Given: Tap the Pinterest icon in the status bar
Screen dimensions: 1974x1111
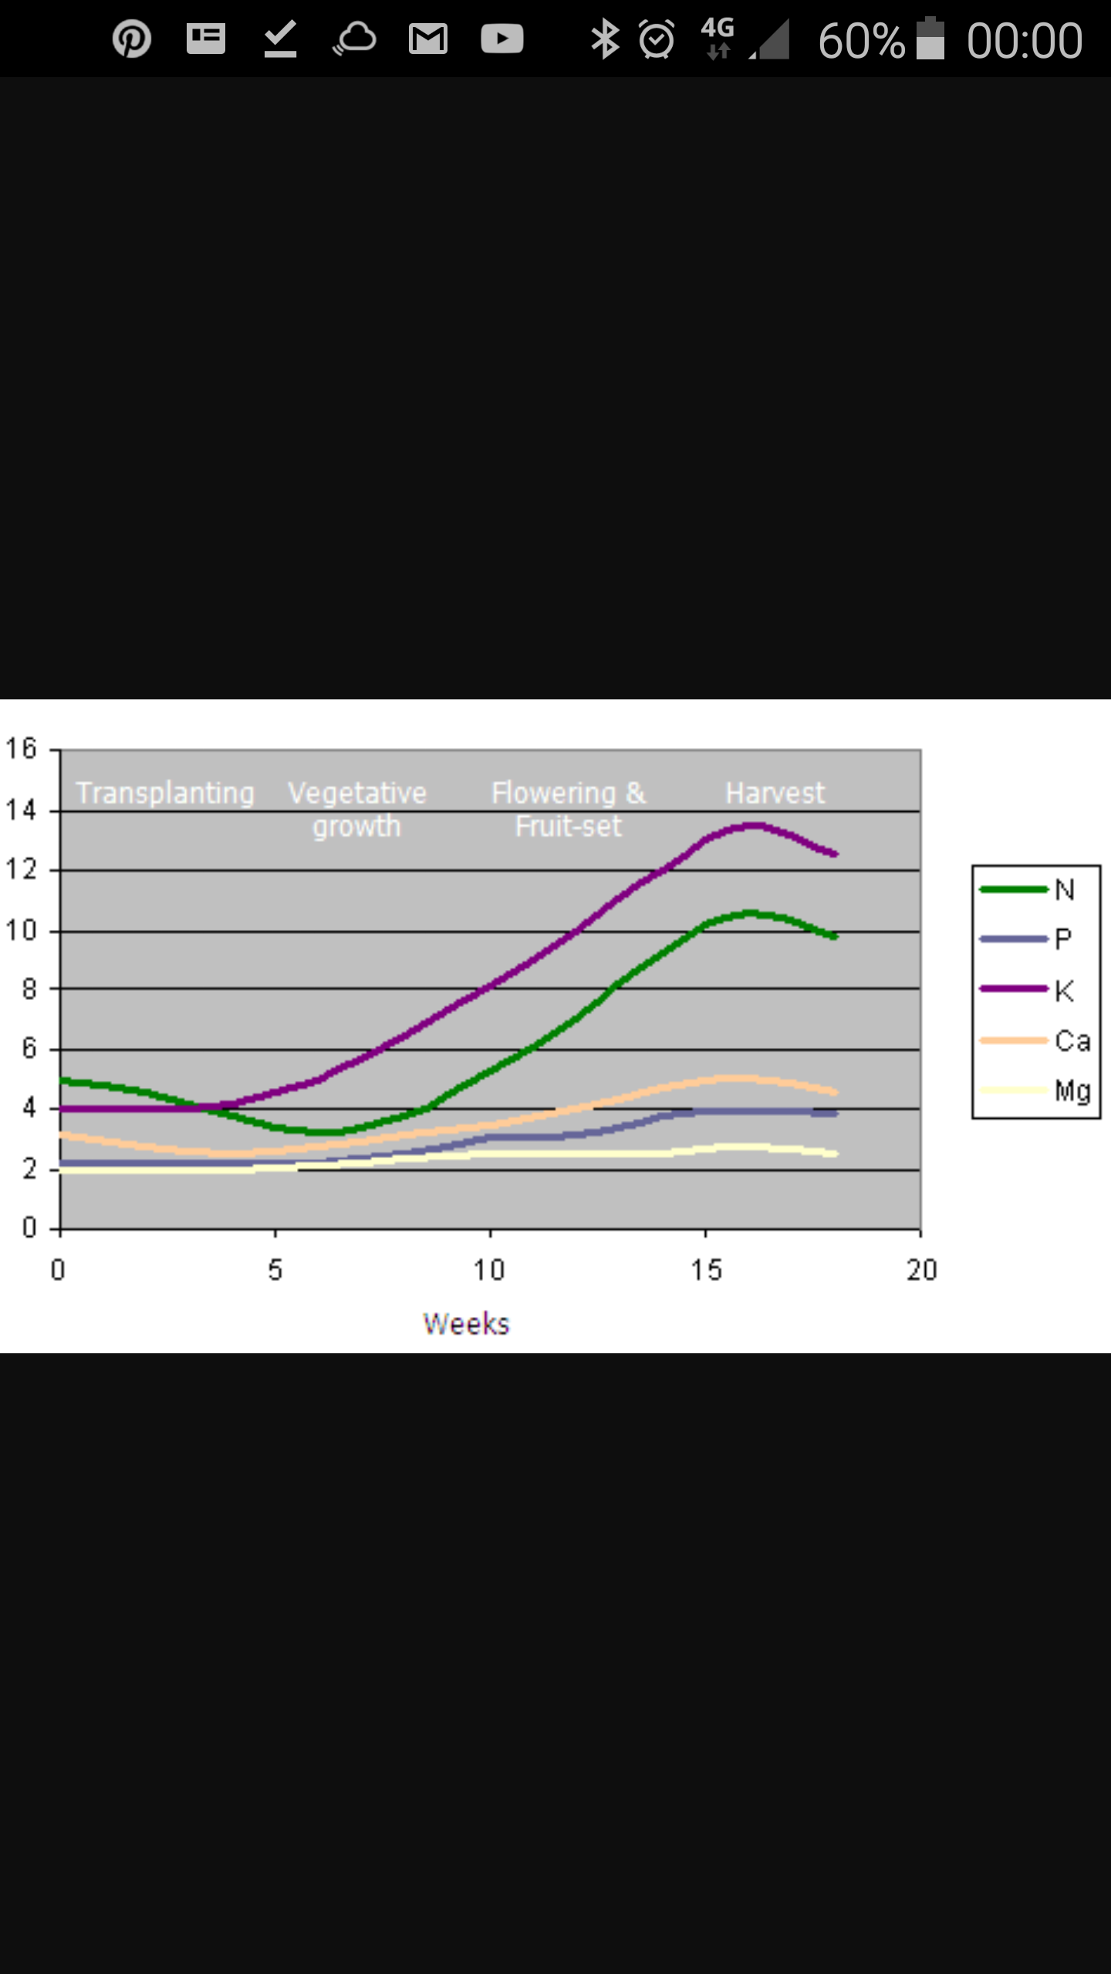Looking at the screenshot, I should pos(132,39).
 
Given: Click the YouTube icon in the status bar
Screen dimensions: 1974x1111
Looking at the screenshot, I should pos(501,39).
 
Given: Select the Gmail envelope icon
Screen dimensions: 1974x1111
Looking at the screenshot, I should pos(428,39).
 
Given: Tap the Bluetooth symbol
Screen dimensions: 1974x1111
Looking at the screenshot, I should pos(605,39).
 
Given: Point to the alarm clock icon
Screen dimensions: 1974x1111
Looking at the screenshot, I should pos(657,39).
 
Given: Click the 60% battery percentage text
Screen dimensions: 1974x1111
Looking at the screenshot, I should pos(861,41).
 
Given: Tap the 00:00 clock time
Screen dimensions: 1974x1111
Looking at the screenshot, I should pos(1025,41).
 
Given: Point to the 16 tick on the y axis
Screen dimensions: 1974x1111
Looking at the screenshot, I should pos(21,749).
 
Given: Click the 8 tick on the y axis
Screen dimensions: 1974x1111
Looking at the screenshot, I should pos(29,989).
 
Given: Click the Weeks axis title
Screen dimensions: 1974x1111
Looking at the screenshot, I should pos(466,1324).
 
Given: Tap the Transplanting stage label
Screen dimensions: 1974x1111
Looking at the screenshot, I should pos(165,793).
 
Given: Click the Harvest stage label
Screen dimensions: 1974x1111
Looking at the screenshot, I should pos(775,793).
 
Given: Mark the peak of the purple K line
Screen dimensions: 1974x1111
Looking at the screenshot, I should pos(752,826).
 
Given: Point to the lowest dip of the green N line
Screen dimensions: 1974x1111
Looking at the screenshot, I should pos(324,1132).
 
